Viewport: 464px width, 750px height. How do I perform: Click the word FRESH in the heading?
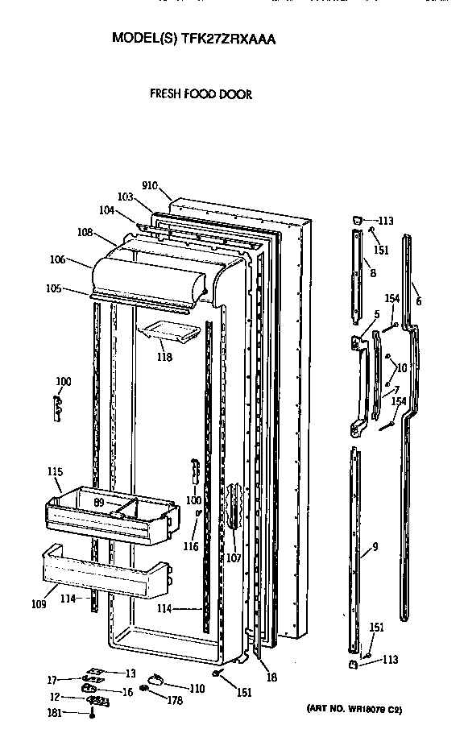[164, 94]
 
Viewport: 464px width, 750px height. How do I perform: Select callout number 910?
[149, 185]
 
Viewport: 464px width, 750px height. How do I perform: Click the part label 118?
[164, 356]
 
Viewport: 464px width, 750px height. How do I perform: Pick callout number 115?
[55, 471]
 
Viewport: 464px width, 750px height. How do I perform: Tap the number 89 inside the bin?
[98, 502]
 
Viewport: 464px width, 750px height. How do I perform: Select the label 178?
[174, 701]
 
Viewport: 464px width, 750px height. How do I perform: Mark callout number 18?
[272, 677]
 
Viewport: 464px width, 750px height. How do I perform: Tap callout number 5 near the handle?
[375, 314]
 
